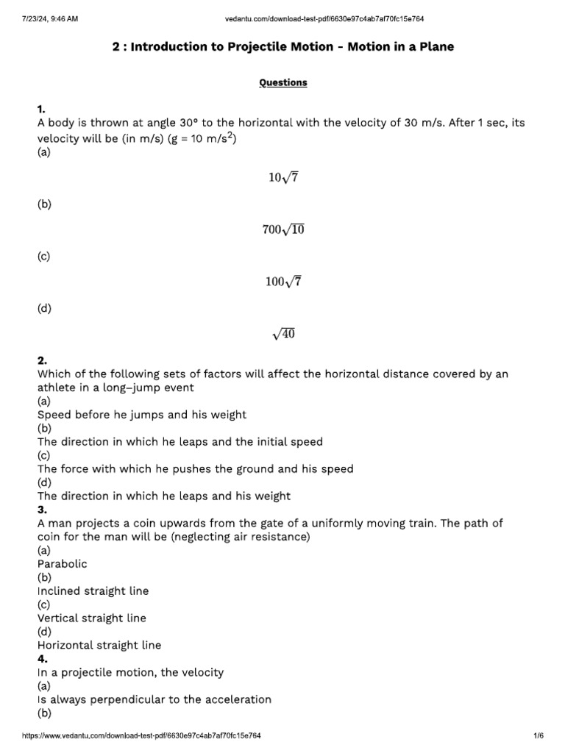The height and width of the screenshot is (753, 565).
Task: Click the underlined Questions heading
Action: [x=282, y=83]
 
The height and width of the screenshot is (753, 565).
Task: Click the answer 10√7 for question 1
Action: [x=282, y=177]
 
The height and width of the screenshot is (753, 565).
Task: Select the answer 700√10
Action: [x=282, y=229]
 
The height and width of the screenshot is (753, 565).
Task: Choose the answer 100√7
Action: [x=282, y=282]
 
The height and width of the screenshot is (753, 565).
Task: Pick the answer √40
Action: [x=282, y=335]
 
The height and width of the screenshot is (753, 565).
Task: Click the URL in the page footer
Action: [x=142, y=736]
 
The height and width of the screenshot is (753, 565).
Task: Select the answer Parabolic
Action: [x=63, y=564]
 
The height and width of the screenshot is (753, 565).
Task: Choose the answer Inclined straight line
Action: [x=93, y=591]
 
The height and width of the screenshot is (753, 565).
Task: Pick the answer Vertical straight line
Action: [x=92, y=618]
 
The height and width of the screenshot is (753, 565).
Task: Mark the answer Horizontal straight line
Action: [x=99, y=646]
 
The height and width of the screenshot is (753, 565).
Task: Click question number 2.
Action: [x=42, y=361]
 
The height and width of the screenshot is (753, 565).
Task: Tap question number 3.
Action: [x=42, y=510]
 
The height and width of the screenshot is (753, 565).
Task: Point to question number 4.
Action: [x=42, y=659]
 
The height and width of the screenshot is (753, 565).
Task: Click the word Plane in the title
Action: [x=435, y=47]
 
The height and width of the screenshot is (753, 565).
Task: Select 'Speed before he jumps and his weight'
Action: [x=142, y=415]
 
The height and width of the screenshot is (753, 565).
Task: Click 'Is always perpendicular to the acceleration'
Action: [x=154, y=699]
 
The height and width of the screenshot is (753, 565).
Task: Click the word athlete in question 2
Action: [x=57, y=388]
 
